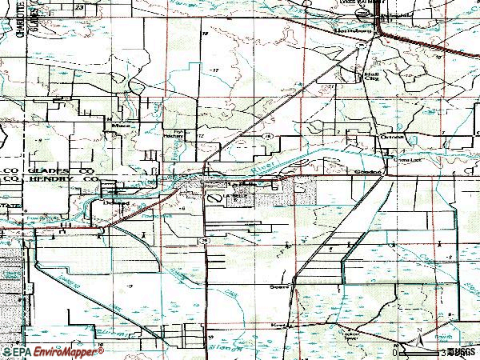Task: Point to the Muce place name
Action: [x=122, y=126]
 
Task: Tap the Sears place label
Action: [x=279, y=285]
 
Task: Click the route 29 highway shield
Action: [x=206, y=240]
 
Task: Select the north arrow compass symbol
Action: [x=418, y=341]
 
